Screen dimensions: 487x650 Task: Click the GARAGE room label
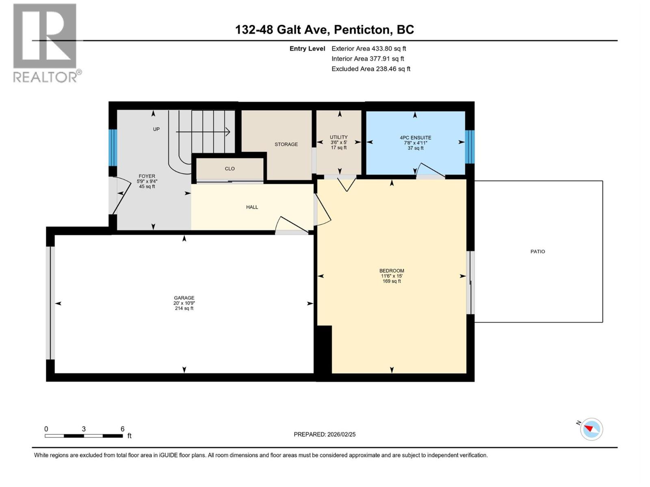184,298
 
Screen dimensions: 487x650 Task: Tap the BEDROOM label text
392,271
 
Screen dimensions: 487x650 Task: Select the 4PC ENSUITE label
415,138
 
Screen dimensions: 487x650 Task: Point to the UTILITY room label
338,137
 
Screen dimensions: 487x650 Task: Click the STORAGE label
286,144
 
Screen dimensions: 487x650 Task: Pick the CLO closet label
230,168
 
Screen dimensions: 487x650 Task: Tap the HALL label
252,207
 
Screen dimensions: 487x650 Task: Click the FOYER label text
147,176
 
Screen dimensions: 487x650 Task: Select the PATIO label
537,252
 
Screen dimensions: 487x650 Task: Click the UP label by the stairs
156,129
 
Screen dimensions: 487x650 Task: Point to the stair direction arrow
203,131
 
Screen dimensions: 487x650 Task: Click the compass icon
591,429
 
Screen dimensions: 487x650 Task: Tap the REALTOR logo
45,43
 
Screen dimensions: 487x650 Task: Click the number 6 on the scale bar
122,429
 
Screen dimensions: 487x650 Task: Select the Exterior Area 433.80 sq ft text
368,48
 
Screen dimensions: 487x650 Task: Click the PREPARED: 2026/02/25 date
325,434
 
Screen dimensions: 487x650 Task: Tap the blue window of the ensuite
470,147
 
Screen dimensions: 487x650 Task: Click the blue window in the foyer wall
113,148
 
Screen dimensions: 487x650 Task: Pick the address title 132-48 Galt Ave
324,30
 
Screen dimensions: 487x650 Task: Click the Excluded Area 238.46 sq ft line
370,69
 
